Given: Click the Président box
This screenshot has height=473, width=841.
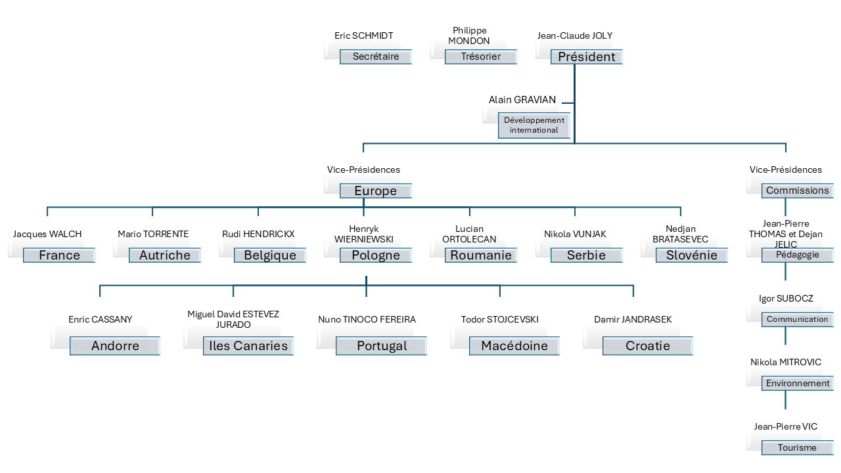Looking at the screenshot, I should [586, 57].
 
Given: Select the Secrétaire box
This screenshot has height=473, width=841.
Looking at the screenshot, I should [376, 57].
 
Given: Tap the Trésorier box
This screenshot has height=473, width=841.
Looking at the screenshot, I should [481, 57].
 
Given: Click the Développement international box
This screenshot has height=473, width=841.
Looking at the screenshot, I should [534, 125].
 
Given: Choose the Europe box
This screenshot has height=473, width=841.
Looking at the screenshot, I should [376, 191].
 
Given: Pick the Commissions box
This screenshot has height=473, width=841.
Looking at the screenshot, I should [798, 191].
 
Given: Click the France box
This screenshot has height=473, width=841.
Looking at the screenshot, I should [59, 256].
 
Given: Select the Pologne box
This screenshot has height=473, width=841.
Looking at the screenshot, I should [376, 256].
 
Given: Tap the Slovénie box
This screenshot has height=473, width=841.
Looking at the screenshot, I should [692, 256].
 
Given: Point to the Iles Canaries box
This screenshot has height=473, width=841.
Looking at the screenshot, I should [248, 346].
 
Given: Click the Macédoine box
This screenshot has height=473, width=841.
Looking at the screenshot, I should [514, 346].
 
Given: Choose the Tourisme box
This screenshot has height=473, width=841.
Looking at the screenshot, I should [798, 448].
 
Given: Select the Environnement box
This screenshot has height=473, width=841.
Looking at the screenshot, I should [798, 384].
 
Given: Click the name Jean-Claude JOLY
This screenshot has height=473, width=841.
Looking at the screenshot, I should [575, 35].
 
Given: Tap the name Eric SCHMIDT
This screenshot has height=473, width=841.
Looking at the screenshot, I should [364, 35].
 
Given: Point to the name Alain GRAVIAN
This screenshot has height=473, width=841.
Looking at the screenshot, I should [522, 100].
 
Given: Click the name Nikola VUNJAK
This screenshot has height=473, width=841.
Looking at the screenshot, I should [575, 234].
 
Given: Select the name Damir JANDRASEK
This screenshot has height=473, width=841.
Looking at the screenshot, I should [633, 319].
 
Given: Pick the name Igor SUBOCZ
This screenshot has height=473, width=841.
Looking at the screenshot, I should [786, 298].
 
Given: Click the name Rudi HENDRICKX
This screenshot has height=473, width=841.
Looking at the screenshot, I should [258, 234].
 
